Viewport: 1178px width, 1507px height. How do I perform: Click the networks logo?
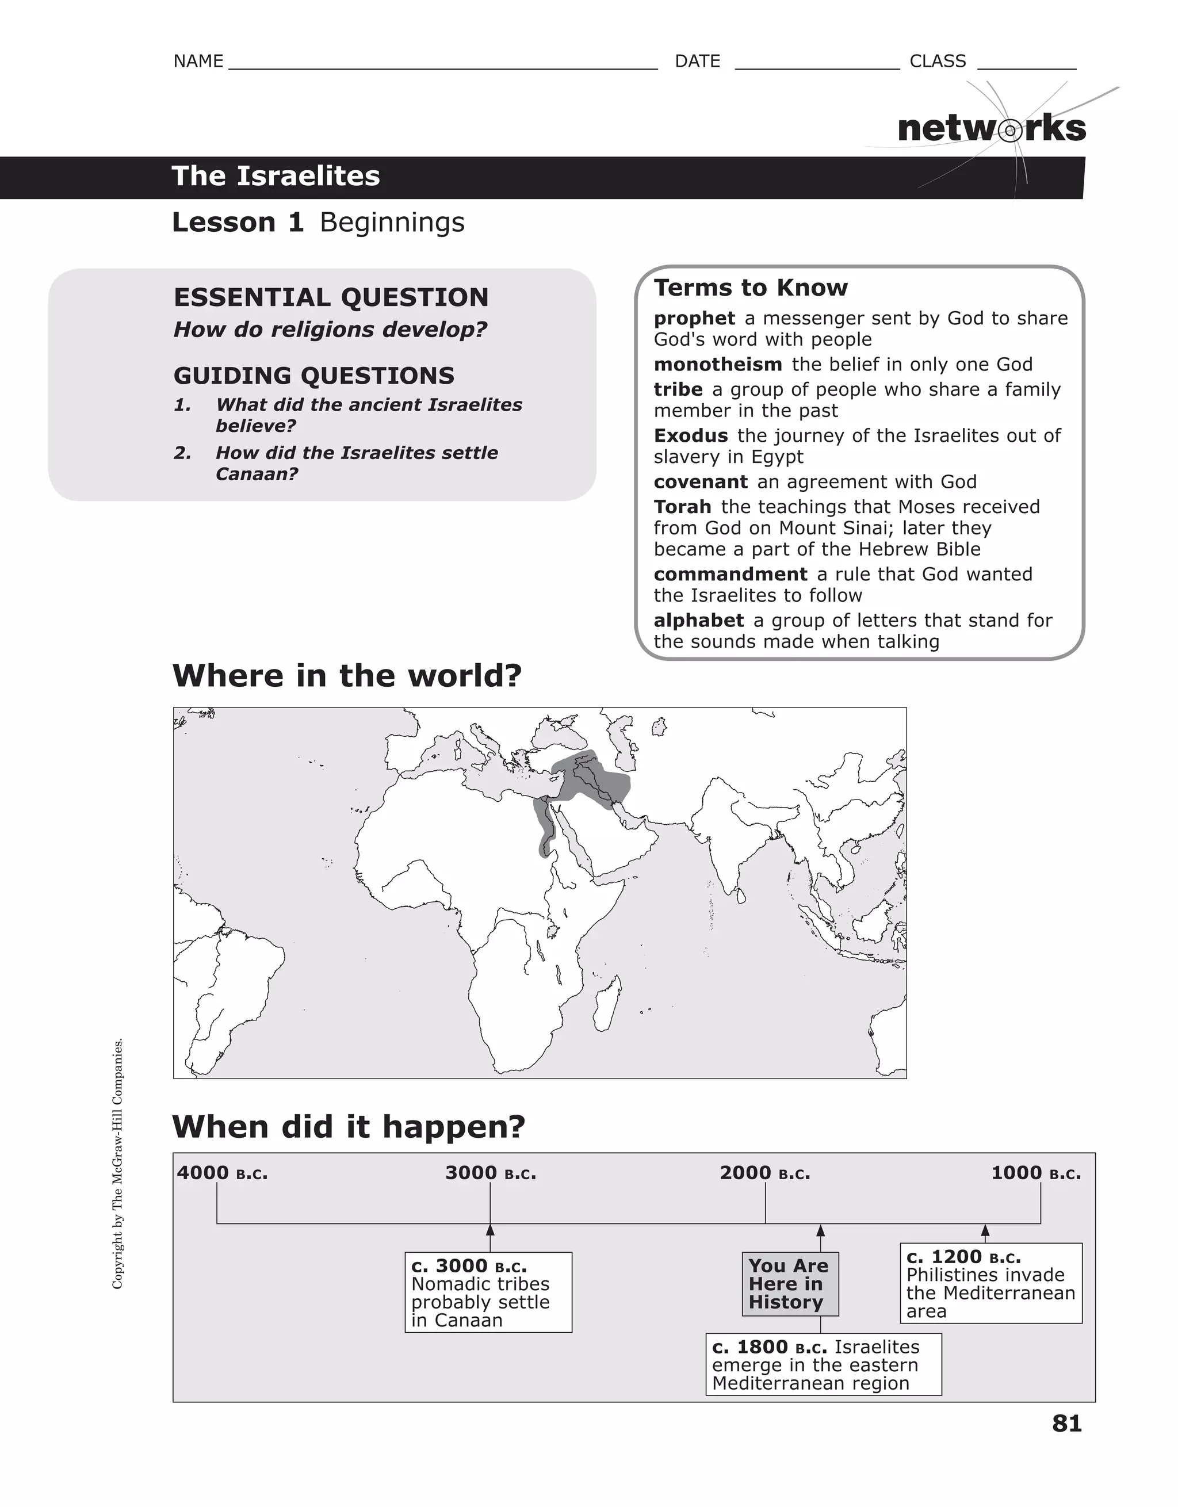pos(991,129)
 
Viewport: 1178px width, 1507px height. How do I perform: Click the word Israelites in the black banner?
pos(308,176)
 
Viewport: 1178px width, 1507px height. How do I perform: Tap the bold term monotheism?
pos(717,364)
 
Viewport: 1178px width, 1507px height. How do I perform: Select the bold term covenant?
pos(700,481)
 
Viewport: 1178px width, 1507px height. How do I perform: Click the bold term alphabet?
pos(698,620)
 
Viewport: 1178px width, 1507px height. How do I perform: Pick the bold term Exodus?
pos(690,435)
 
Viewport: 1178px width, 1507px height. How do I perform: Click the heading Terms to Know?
pos(750,288)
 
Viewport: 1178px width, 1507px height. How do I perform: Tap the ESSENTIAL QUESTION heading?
pos(331,297)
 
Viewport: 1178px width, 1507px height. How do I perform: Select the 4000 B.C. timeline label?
pos(221,1173)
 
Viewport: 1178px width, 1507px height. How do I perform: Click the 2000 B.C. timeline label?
pos(764,1173)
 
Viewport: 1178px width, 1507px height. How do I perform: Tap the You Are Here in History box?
pos(790,1284)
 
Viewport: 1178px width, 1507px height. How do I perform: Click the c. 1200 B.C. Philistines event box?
pos(990,1283)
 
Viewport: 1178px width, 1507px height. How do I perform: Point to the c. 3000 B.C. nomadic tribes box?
pos(488,1292)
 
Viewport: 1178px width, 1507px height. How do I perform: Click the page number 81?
pos(1066,1424)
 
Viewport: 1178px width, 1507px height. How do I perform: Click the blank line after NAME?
pos(442,63)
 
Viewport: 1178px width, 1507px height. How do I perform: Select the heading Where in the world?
pos(346,675)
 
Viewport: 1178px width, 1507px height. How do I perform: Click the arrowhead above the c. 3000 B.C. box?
pos(490,1230)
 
